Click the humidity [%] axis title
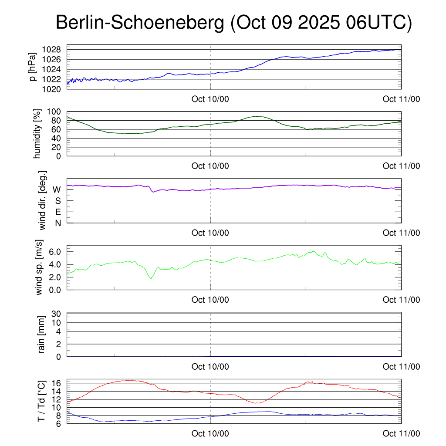tap(37, 134)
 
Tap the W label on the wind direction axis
tap(57, 189)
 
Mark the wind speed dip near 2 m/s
tap(151, 278)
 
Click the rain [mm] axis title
tap(42, 335)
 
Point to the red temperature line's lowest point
tap(255, 403)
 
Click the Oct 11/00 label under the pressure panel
tap(401, 99)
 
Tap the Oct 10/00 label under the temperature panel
tap(210, 434)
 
